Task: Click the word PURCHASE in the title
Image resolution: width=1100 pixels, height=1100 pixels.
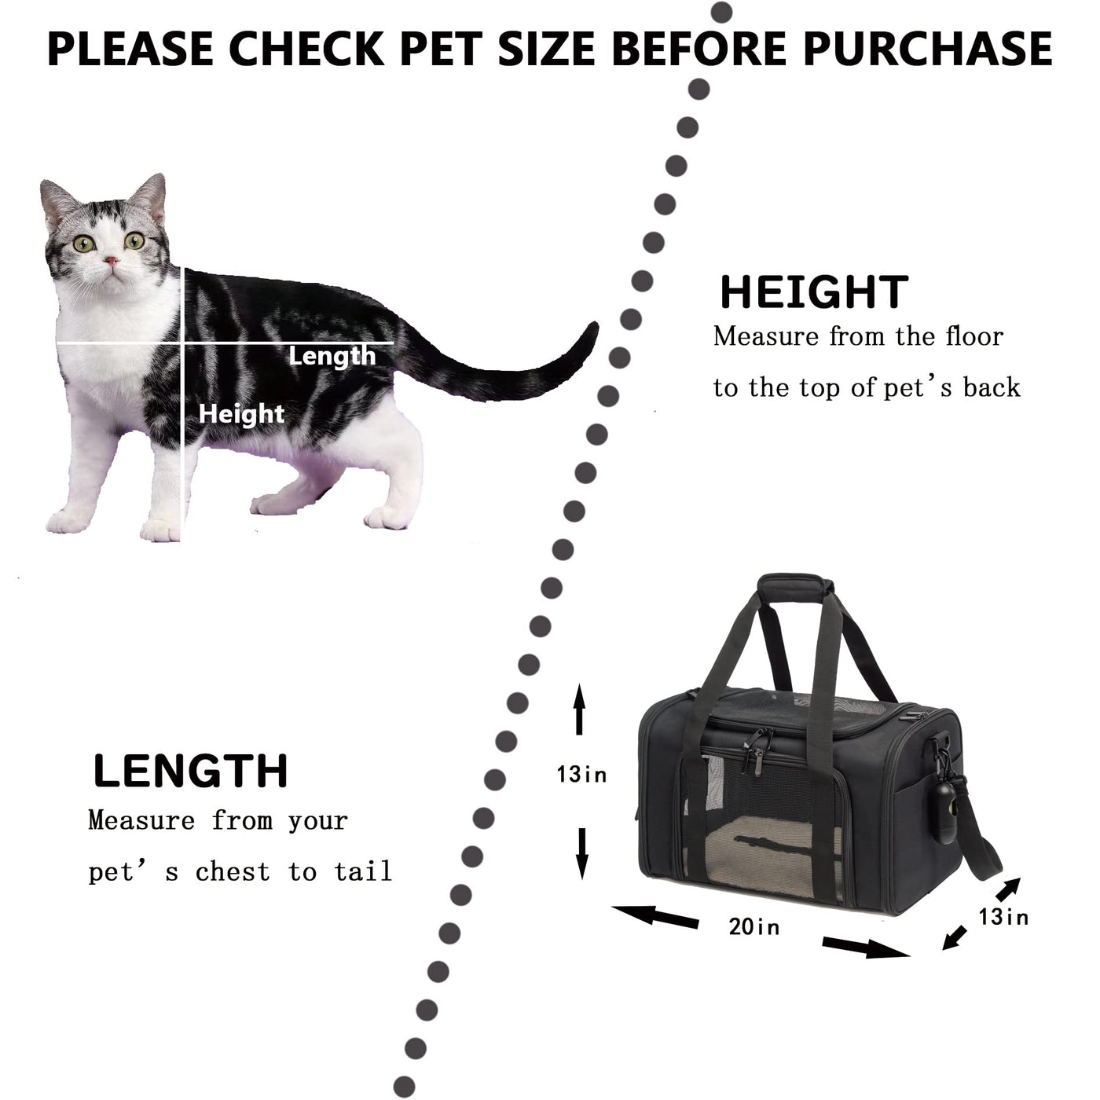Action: (927, 49)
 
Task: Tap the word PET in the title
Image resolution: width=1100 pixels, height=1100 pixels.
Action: (442, 49)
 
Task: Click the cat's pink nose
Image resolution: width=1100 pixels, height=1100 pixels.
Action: (112, 261)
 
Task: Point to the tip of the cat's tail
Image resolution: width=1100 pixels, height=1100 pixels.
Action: (595, 324)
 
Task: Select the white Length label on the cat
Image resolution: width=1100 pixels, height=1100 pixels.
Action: (332, 357)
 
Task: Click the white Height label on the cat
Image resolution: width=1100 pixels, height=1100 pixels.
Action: (241, 414)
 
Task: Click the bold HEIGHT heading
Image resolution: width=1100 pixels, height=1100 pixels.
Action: (814, 292)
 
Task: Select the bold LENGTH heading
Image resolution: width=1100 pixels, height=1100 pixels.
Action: (190, 772)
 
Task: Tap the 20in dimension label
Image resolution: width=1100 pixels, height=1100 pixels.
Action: (754, 926)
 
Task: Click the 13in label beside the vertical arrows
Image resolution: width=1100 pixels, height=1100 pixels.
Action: (581, 775)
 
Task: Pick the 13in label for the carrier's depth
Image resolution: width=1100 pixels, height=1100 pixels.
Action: (1003, 917)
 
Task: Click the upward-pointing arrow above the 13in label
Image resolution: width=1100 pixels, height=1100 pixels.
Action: (579, 709)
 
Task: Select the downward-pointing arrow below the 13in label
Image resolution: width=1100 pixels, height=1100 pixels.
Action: (582, 853)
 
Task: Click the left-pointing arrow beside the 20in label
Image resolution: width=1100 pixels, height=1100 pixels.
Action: (654, 916)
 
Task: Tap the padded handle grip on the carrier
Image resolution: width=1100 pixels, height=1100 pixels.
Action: (795, 587)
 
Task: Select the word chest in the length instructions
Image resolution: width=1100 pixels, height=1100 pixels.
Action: (233, 871)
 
